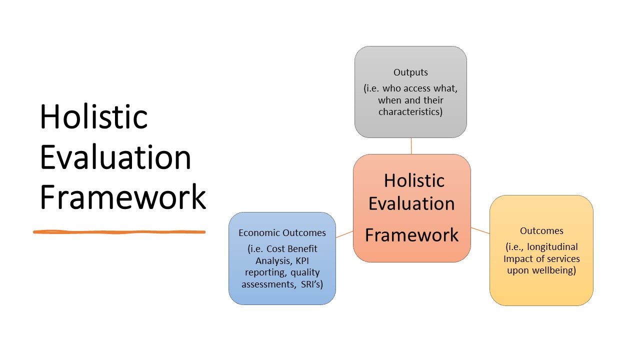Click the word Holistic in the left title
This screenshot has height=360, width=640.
click(93, 116)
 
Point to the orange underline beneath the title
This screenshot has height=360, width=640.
click(119, 232)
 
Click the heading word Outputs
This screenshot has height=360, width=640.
click(410, 72)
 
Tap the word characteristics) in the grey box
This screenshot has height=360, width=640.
click(410, 111)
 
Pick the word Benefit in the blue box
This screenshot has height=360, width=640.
click(303, 249)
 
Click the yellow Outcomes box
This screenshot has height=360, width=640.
click(541, 290)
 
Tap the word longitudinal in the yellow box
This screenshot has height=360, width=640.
click(553, 246)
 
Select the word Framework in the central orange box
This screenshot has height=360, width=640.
click(411, 235)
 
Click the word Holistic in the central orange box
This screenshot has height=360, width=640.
click(414, 180)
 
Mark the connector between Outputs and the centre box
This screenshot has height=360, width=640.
click(411, 146)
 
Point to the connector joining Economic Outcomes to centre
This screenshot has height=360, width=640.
click(344, 234)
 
